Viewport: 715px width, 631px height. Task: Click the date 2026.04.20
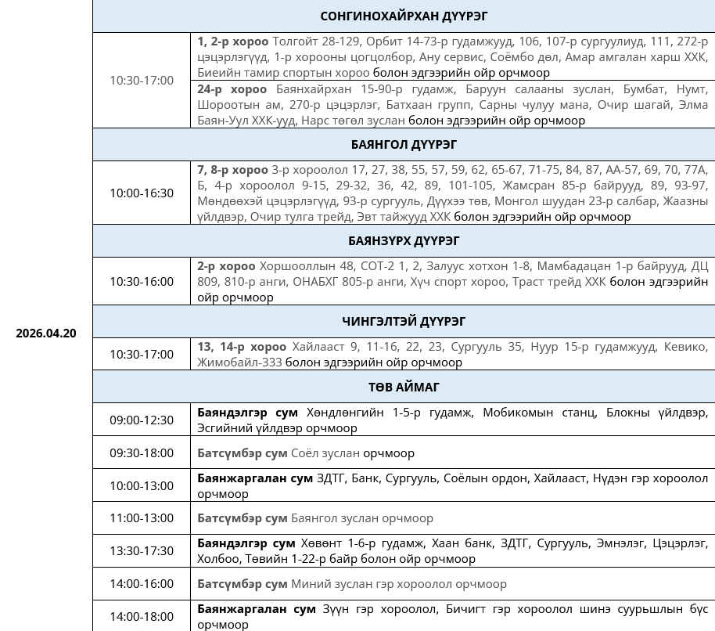click(46, 333)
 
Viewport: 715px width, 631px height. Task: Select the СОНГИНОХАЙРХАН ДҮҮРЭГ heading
click(404, 16)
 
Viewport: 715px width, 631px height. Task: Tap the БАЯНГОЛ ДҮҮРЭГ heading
click(404, 144)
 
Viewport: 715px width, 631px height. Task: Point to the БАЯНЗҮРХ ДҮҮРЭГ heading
click(404, 240)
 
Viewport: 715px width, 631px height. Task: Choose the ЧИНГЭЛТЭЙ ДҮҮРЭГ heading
click(404, 321)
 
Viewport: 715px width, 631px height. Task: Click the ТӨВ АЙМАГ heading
click(404, 387)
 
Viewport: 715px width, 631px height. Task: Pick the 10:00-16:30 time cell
click(142, 193)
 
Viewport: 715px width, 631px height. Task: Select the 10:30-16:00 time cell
click(142, 281)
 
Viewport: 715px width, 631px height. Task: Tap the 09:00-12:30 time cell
click(142, 420)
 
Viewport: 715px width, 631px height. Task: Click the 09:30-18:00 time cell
click(142, 453)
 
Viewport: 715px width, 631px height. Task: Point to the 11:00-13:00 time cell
click(142, 517)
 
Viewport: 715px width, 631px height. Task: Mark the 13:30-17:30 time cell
click(142, 550)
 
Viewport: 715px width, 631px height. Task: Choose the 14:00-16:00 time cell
click(142, 583)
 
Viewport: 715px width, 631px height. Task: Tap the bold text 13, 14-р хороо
click(242, 346)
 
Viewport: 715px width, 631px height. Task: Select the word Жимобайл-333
click(239, 362)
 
